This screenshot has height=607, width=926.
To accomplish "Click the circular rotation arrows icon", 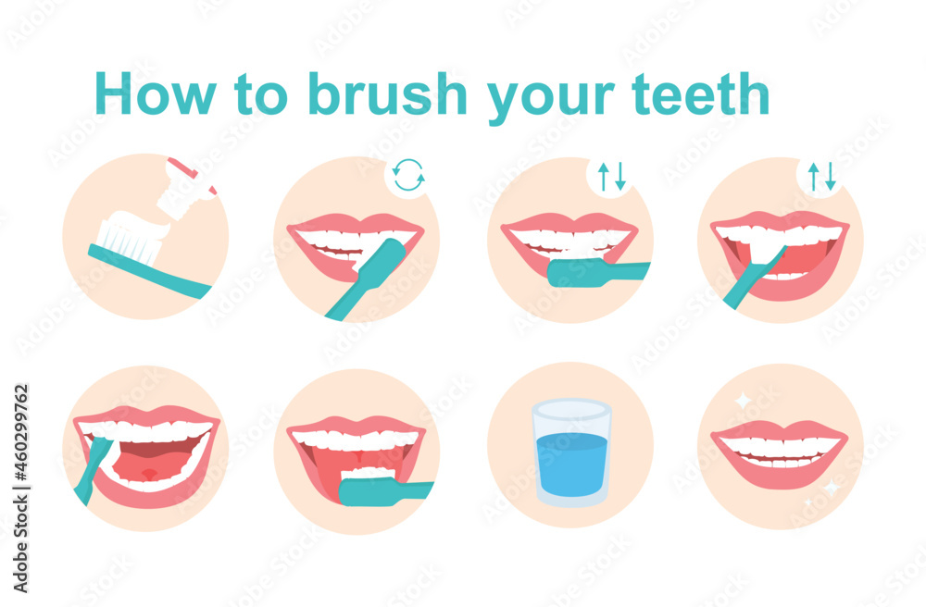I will point(408,175).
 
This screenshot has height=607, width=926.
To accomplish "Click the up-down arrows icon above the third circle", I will point(611,176).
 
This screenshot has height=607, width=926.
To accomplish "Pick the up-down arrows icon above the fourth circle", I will point(821,176).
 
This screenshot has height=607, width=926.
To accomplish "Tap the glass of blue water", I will point(571,453).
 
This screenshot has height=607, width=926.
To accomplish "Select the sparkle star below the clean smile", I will point(831,488).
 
